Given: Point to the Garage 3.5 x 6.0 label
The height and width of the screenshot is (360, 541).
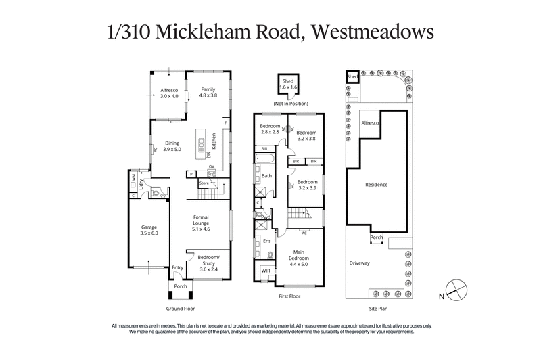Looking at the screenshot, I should tap(149, 229).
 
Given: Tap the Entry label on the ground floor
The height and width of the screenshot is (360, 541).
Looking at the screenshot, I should tap(177, 268).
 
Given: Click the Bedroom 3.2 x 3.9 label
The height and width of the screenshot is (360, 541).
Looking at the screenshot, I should tap(306, 185).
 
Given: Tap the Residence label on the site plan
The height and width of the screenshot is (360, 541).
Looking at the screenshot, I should tap(376, 184).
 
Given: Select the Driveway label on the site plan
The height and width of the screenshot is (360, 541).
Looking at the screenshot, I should tap(360, 263).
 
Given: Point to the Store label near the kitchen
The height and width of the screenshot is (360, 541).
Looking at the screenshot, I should tap(204, 183).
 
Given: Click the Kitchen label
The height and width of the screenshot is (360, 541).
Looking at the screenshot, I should tap(214, 140).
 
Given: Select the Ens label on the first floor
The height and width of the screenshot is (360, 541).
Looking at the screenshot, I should tap(266, 240).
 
